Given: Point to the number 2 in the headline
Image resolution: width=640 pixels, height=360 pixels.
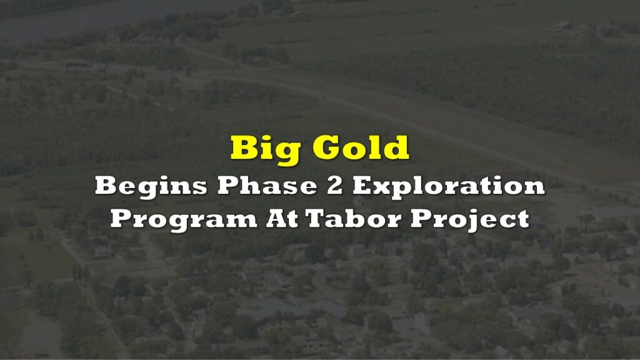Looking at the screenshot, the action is [x=334, y=185].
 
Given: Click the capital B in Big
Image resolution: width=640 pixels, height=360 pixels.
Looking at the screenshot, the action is [x=244, y=147].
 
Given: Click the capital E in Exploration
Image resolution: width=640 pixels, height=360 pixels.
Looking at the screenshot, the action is [x=363, y=185].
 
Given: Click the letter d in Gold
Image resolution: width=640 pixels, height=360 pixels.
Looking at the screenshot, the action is [x=395, y=147].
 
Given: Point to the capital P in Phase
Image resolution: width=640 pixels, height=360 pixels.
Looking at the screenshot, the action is [x=228, y=185].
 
